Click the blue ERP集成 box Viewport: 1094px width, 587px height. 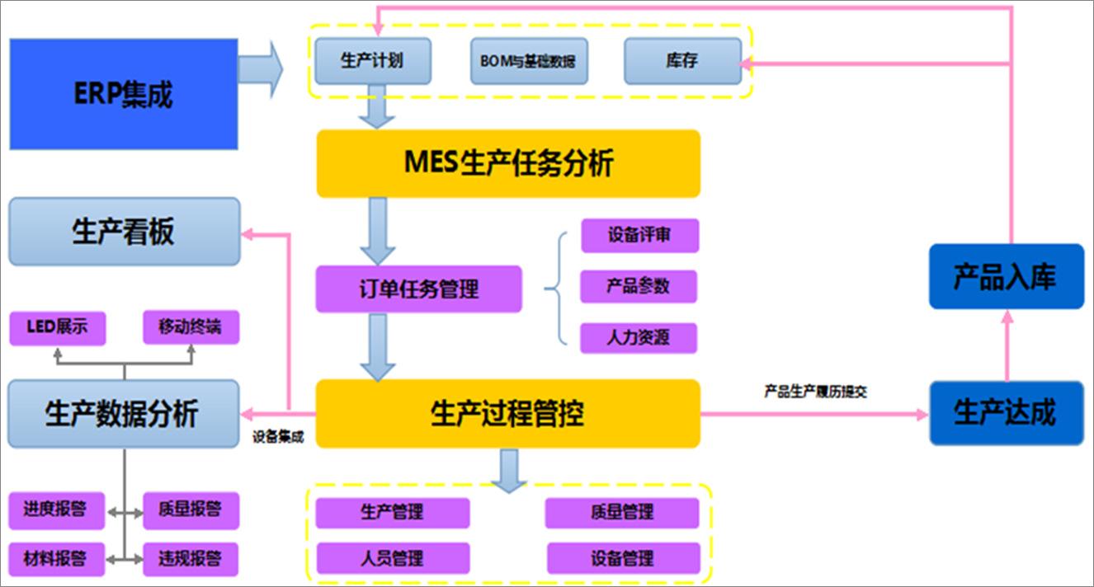coord(124,94)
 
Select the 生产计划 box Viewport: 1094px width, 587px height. coord(373,61)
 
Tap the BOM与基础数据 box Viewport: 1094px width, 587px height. coord(529,61)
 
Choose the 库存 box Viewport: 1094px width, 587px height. coord(682,61)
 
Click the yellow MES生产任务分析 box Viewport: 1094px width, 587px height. coord(508,163)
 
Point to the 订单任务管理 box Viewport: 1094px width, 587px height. coord(419,289)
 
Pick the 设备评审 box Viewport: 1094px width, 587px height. coord(639,236)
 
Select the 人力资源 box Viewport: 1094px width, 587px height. coord(639,338)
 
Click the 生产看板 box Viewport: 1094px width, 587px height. coord(124,232)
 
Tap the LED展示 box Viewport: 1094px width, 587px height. coord(57,328)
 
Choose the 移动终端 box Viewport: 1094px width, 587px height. coord(191,328)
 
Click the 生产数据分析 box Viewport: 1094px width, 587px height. coord(124,413)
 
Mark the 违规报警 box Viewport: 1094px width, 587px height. coord(191,558)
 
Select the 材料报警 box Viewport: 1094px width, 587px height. coord(57,558)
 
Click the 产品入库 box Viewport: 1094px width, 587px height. coord(1006,277)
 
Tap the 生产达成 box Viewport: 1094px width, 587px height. coord(1006,412)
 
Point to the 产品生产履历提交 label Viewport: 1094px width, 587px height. coord(815,392)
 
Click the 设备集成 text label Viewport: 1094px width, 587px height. coord(278,438)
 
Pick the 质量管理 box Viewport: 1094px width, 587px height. coord(621,513)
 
